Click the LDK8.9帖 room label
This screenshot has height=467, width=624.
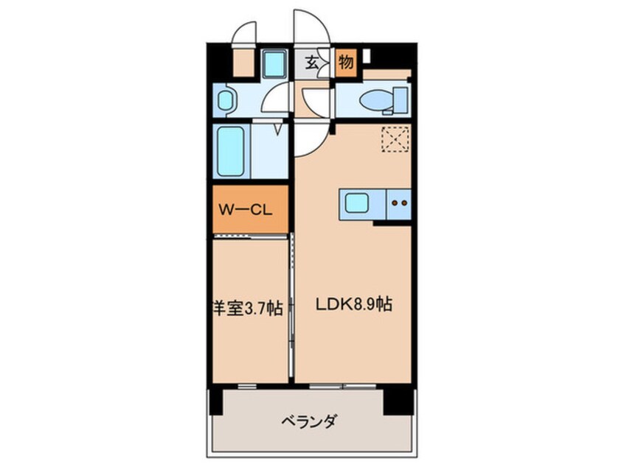pos(354,305)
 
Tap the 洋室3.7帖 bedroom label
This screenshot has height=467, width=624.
pos(248,308)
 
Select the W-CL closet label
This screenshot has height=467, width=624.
pos(246,209)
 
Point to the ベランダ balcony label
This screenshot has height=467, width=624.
pos(310,421)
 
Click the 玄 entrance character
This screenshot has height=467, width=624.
pos(311,63)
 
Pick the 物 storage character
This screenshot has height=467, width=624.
pos(345,63)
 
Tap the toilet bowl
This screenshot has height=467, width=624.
pos(375,99)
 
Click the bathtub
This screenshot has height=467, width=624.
pos(230,152)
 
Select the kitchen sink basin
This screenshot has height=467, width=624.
pos(356,204)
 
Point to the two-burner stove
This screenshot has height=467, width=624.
pos(399,203)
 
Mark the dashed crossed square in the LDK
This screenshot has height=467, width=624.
pos(395,138)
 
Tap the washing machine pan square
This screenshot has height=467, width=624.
pos(275,63)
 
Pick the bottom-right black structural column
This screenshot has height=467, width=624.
pos(398,402)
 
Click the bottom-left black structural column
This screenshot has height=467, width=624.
pos(216,402)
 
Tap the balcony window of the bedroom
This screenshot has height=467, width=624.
pos(247,386)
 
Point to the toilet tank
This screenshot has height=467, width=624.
pos(401,100)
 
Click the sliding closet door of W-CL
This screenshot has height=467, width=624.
pos(250,236)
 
